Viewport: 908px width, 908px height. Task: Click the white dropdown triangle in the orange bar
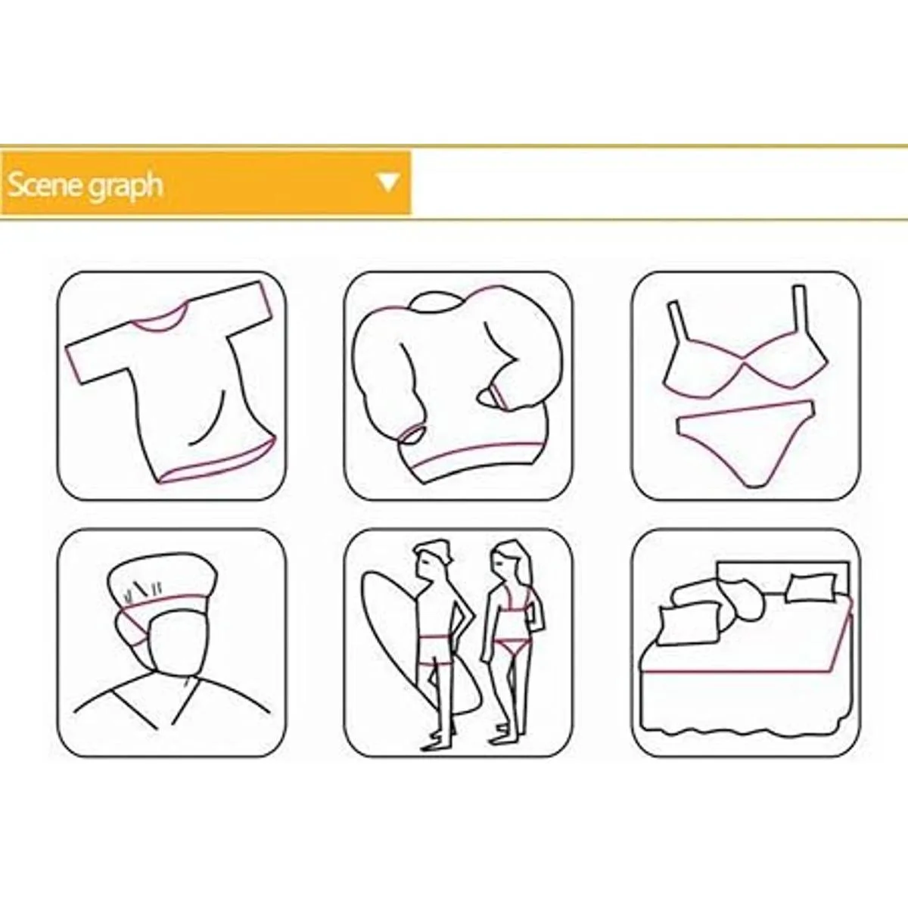(389, 182)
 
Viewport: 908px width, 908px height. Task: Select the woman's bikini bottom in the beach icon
(514, 645)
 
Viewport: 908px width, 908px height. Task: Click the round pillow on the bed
(745, 602)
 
